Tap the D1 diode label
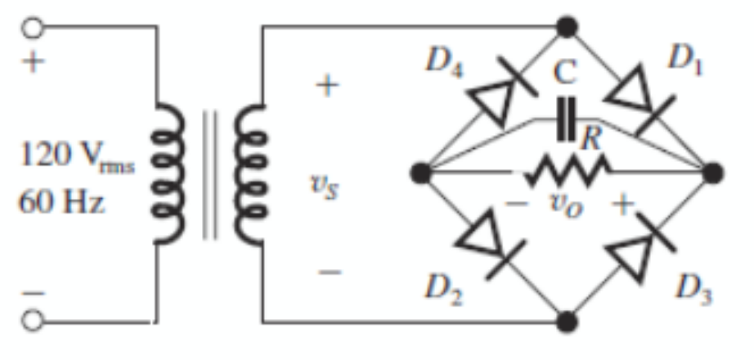[x=685, y=58]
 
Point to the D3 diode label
[x=692, y=288]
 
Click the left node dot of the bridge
[x=421, y=173]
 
